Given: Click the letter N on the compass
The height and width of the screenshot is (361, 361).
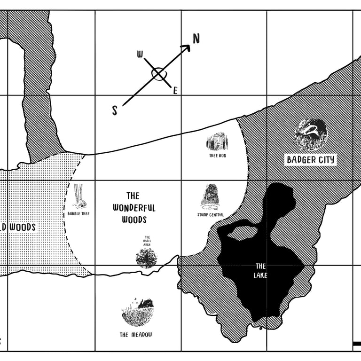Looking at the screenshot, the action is [196, 39].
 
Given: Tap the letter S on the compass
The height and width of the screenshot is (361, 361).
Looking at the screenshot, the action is [115, 110].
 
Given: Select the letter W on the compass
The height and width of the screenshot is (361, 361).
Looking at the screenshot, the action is [140, 55].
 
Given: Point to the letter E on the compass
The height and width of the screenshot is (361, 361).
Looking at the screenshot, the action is [175, 91].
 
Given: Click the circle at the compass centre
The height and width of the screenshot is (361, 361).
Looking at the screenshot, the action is [158, 74].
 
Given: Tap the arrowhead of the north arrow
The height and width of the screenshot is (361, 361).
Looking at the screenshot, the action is [187, 47].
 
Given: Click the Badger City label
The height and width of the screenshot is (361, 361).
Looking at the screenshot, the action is [311, 160].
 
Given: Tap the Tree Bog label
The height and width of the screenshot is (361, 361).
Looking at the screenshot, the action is [217, 155].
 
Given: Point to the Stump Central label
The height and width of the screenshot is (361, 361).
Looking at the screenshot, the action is [211, 215].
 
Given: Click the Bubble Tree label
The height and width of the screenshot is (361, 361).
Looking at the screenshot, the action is [78, 213].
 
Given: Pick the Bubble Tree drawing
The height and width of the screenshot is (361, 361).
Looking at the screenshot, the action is [79, 196].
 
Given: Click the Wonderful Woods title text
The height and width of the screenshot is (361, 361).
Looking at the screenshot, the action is [134, 207].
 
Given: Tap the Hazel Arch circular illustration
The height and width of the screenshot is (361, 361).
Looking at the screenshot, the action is [146, 258].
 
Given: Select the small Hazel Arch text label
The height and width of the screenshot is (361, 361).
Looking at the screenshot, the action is [147, 241].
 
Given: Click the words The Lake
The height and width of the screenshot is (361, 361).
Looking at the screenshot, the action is [260, 271].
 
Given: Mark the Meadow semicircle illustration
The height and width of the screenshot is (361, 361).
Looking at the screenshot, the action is [138, 312].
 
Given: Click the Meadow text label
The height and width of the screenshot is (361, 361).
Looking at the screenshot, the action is [136, 335].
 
